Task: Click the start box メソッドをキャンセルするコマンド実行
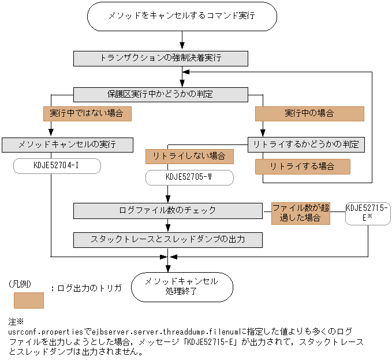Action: tap(182, 16)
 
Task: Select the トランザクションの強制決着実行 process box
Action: tap(160, 58)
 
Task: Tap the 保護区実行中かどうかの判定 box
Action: tap(160, 95)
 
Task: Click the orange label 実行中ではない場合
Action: tap(87, 114)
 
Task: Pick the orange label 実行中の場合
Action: tap(309, 114)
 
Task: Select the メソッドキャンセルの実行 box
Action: tap(68, 145)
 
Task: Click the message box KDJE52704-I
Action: tap(57, 166)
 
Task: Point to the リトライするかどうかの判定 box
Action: tap(306, 144)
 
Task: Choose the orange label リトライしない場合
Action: tap(189, 157)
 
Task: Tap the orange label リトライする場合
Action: tap(303, 166)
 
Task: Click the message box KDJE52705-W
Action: tap(189, 177)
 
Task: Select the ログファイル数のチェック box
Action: tap(168, 211)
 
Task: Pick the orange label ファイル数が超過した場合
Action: tap(301, 213)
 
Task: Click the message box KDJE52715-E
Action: tap(368, 213)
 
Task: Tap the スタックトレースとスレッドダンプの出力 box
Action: tap(168, 240)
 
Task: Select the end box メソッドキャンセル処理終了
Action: tap(182, 287)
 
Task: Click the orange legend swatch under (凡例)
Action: tap(29, 300)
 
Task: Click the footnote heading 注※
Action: tap(16, 322)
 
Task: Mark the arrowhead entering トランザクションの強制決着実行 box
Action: tap(182, 46)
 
